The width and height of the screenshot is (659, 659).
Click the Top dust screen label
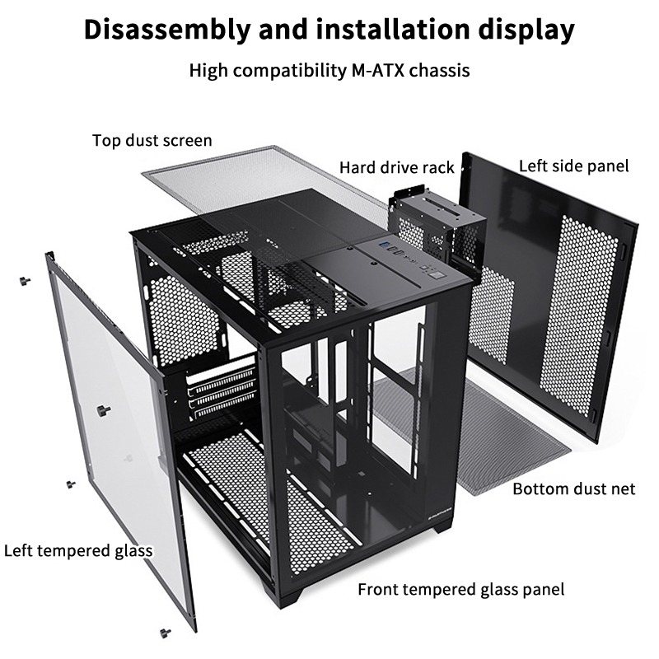[x=152, y=141]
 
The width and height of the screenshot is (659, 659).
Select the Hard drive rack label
[x=396, y=168]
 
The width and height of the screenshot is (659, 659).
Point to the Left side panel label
[x=573, y=166]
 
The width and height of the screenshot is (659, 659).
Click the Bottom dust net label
[x=574, y=489]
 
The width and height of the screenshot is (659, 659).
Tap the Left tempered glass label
[x=79, y=550]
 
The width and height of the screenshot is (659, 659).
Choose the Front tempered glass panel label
[x=460, y=589]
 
